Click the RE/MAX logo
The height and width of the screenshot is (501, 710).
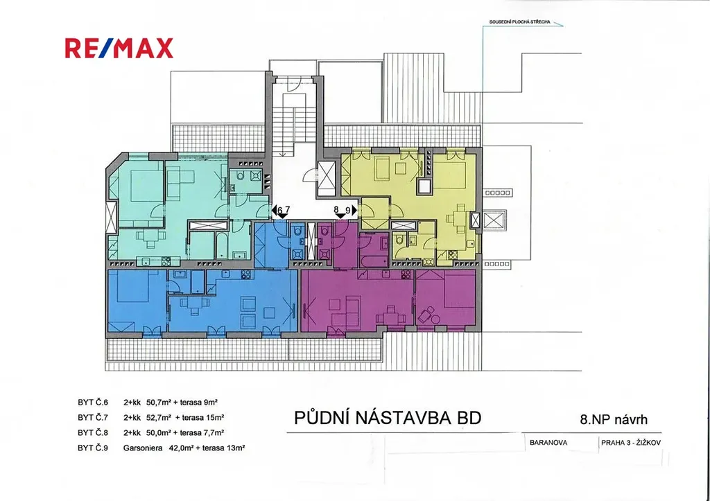pos(119,48)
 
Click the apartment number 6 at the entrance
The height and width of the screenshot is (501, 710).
pos(280,210)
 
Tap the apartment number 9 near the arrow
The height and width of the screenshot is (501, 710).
pos(348,209)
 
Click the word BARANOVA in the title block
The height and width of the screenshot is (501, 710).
pos(548,443)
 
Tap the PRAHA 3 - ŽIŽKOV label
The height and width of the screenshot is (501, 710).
pos(631,443)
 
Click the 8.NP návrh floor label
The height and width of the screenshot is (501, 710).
pos(614,419)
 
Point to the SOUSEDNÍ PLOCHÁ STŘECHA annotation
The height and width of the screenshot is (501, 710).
pos(519,21)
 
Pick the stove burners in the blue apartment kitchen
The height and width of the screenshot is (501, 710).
pos(246,274)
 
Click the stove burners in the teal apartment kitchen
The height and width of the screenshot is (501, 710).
pos(166,261)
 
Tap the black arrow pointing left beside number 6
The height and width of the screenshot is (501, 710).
pos(274,210)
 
